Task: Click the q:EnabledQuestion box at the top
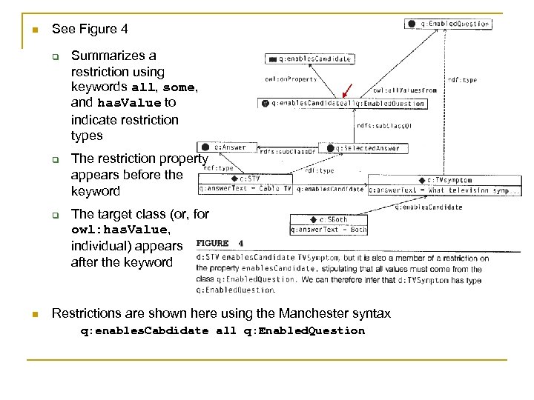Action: point(448,24)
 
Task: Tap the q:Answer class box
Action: point(225,147)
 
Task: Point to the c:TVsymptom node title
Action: point(444,180)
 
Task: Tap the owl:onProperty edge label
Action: point(291,79)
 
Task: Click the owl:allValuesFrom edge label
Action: point(405,90)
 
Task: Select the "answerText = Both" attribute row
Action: point(328,230)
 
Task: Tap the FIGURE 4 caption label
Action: point(220,242)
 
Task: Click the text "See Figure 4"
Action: point(90,29)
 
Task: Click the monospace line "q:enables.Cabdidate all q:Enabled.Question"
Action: point(222,330)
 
